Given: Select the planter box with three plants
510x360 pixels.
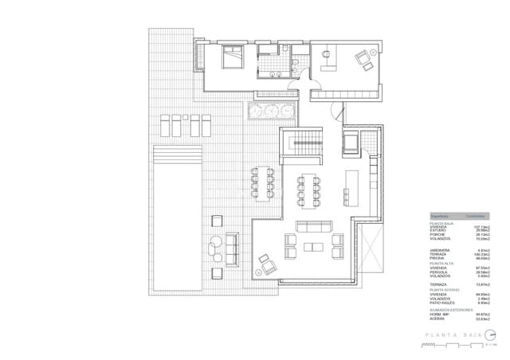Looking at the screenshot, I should pos(272,111).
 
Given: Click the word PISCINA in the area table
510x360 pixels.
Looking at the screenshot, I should pos(437,257).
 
